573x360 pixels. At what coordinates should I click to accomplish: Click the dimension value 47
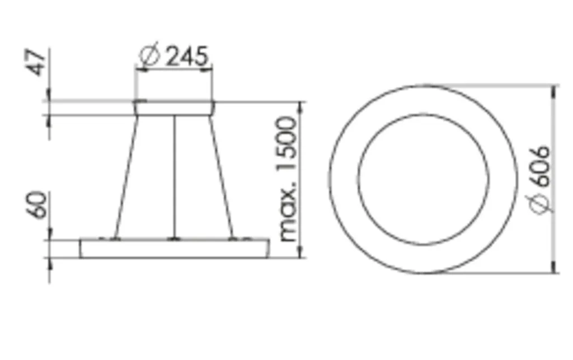click(x=38, y=63)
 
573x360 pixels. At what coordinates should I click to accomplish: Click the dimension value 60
click(x=37, y=205)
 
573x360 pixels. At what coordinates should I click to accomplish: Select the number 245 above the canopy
click(x=187, y=56)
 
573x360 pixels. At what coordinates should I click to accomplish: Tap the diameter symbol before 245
click(x=149, y=55)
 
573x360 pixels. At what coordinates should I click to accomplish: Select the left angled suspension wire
click(x=127, y=177)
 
